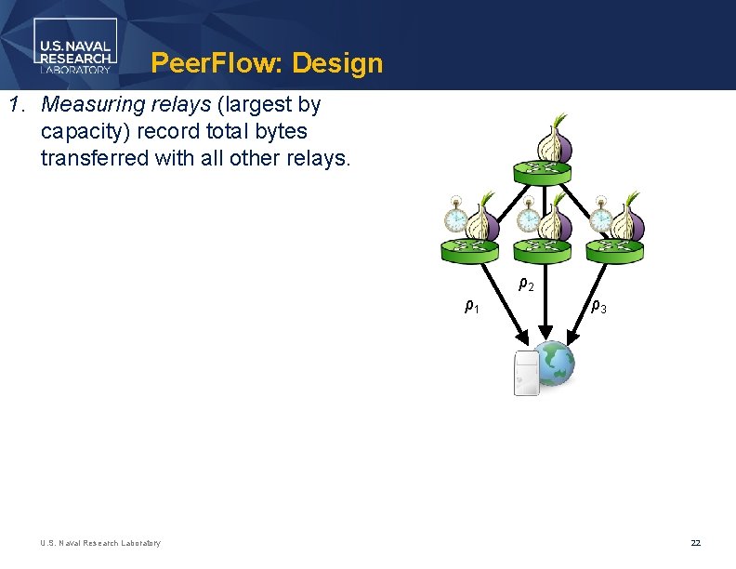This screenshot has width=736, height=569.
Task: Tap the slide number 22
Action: point(695,543)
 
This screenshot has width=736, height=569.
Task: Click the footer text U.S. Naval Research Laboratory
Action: point(100,543)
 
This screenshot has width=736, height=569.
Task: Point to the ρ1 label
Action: point(472,305)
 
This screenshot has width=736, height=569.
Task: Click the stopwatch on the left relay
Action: point(455,218)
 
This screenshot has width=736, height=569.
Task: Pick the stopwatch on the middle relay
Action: point(528,218)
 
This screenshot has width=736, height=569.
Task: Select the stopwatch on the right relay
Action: point(601,218)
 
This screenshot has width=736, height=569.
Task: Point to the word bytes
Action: point(278,131)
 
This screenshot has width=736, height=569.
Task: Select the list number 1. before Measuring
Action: point(17,104)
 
